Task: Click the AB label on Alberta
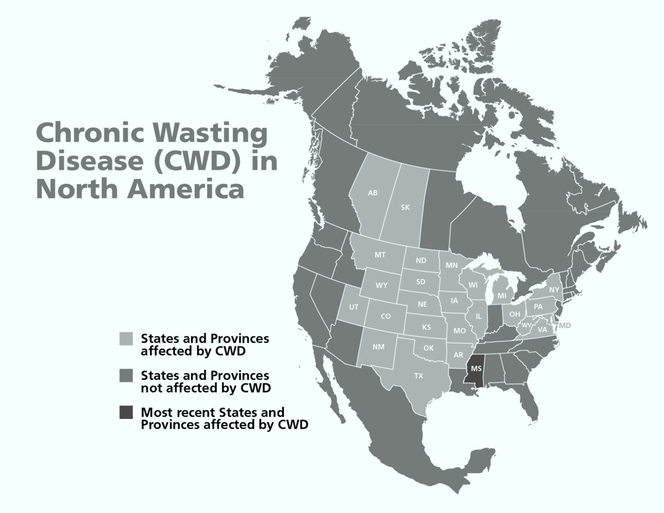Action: [x=372, y=193]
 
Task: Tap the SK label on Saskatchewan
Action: [x=405, y=208]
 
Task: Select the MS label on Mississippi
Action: [x=476, y=368]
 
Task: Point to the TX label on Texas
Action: [x=418, y=376]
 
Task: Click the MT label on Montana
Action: [x=380, y=255]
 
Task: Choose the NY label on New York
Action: [x=553, y=290]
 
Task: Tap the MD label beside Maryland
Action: [x=564, y=325]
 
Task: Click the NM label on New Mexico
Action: [x=378, y=347]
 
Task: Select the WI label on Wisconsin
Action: [x=473, y=285]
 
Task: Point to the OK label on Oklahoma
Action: [x=428, y=348]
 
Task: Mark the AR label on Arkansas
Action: [x=458, y=355]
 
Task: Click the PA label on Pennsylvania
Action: [x=538, y=307]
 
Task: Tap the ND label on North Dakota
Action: [x=421, y=261]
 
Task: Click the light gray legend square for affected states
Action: [x=126, y=338]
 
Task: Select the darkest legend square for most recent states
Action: [x=126, y=412]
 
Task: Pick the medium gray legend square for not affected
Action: [x=126, y=376]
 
